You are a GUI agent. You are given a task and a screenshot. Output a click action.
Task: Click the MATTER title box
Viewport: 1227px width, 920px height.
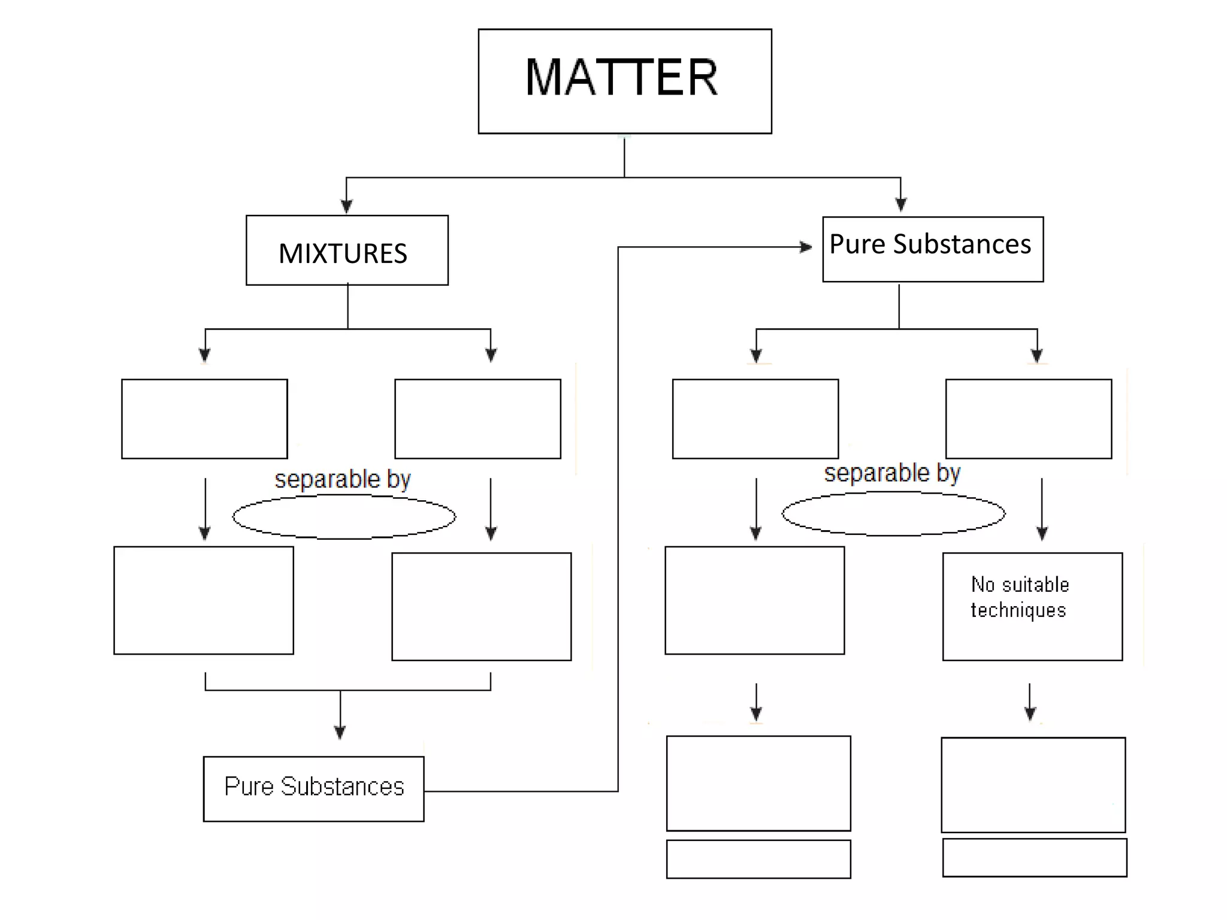(624, 81)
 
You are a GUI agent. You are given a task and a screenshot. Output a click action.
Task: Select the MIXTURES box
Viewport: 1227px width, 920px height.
(347, 250)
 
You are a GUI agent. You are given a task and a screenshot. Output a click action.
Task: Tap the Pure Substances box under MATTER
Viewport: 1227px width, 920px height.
(932, 249)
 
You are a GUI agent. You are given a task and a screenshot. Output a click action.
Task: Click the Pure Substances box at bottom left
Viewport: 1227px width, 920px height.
(313, 788)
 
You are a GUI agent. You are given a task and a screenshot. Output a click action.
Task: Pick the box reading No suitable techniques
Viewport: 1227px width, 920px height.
(1032, 606)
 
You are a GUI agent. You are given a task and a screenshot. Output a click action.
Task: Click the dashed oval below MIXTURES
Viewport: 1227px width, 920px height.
(344, 517)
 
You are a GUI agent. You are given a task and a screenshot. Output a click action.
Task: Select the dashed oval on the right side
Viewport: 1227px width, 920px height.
(893, 513)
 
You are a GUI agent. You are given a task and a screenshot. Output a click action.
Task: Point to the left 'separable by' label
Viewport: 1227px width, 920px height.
(343, 479)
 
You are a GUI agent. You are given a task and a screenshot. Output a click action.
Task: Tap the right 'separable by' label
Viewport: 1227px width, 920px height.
(892, 473)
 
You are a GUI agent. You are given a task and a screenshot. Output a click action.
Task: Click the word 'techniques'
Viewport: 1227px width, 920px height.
(1018, 610)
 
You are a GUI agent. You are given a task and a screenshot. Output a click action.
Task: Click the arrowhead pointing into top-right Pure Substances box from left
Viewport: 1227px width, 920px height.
(806, 247)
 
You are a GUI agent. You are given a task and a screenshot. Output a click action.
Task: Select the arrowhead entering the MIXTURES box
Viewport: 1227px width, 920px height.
(346, 206)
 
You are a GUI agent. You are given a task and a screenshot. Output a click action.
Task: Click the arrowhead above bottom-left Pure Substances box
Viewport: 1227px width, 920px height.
(340, 732)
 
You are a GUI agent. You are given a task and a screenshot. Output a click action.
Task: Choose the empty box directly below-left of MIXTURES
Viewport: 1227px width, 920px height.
(204, 419)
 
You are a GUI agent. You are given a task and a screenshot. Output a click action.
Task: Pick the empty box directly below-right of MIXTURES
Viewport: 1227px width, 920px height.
(477, 419)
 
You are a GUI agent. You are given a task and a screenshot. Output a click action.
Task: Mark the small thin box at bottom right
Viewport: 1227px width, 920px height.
(1034, 857)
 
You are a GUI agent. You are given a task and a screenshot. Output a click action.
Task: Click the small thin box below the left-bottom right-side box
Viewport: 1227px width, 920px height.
(758, 859)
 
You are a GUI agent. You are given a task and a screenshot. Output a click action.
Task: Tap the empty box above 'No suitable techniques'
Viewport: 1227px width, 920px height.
(1028, 419)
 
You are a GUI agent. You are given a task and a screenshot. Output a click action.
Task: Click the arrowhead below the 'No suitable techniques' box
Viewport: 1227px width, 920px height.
(1030, 713)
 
